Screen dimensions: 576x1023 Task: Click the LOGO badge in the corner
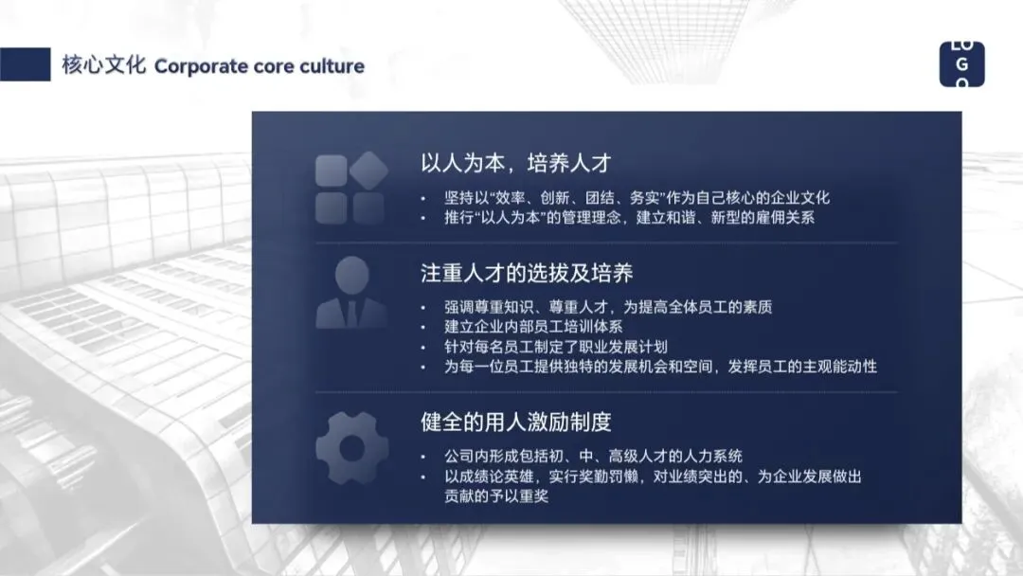[961, 64]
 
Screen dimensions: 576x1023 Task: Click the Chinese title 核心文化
[103, 65]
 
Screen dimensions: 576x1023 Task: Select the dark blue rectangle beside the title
[26, 64]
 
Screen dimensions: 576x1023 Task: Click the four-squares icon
[350, 189]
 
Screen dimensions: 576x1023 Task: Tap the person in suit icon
[350, 293]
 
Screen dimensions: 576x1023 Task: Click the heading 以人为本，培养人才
[514, 162]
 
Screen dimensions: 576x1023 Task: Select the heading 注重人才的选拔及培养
[527, 274]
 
